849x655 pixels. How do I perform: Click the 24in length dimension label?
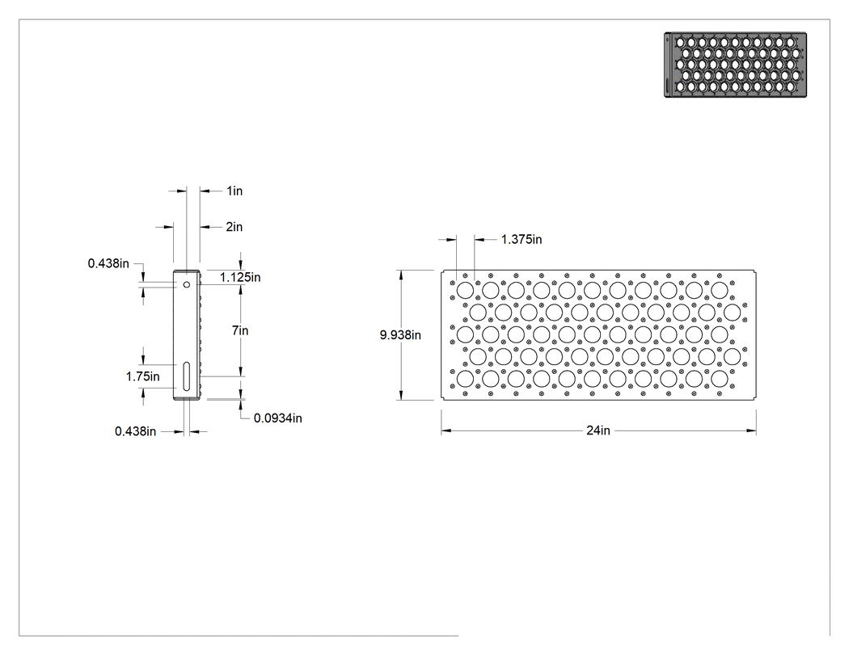click(598, 430)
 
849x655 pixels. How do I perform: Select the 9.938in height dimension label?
click(400, 335)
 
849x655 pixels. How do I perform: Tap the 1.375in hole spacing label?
click(522, 240)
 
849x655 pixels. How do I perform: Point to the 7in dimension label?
click(240, 330)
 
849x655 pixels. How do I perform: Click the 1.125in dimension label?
click(240, 278)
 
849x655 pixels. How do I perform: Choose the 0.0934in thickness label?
click(278, 418)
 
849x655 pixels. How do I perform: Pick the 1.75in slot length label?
click(143, 376)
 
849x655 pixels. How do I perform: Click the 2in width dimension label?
click(234, 227)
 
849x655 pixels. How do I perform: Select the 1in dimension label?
click(234, 191)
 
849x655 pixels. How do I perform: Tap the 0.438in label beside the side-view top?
click(108, 263)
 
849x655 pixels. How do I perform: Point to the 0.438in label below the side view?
click(135, 431)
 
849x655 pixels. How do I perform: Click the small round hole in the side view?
click(187, 284)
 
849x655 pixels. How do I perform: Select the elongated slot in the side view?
click(187, 376)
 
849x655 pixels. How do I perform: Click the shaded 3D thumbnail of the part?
click(735, 65)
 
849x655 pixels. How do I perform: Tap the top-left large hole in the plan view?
click(465, 291)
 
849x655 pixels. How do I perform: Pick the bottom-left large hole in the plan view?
click(465, 379)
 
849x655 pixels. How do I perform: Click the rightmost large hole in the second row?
click(732, 313)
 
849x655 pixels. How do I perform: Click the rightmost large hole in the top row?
click(719, 291)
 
